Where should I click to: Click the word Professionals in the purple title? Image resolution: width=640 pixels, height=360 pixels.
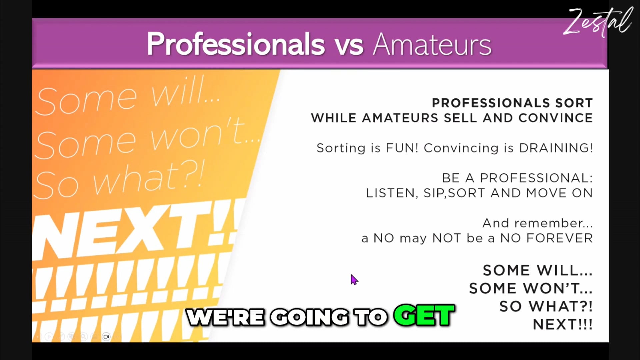pyautogui.click(x=236, y=44)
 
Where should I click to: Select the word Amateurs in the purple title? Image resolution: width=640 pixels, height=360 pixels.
pyautogui.click(x=432, y=45)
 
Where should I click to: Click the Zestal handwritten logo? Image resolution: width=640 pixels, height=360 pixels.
pyautogui.click(x=598, y=22)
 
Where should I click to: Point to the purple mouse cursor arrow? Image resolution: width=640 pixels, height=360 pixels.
pyautogui.click(x=354, y=280)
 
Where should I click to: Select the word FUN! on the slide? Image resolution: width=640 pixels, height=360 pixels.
pyautogui.click(x=402, y=148)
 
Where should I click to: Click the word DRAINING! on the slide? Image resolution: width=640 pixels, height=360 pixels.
pyautogui.click(x=556, y=148)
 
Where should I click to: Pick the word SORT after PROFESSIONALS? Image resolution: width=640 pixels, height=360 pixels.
pyautogui.click(x=574, y=103)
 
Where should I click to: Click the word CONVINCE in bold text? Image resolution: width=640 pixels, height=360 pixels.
pyautogui.click(x=555, y=118)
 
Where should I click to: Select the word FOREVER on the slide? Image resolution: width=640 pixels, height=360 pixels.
pyautogui.click(x=559, y=238)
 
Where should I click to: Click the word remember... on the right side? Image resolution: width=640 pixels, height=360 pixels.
pyautogui.click(x=553, y=223)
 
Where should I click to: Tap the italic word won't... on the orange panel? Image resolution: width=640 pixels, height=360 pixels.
pyautogui.click(x=203, y=135)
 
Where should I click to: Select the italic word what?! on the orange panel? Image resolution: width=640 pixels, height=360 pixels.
pyautogui.click(x=148, y=178)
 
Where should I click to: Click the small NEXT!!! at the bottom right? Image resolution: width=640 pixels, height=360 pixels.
pyautogui.click(x=562, y=324)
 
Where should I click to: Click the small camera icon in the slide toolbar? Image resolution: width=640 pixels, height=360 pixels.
pyautogui.click(x=106, y=337)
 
